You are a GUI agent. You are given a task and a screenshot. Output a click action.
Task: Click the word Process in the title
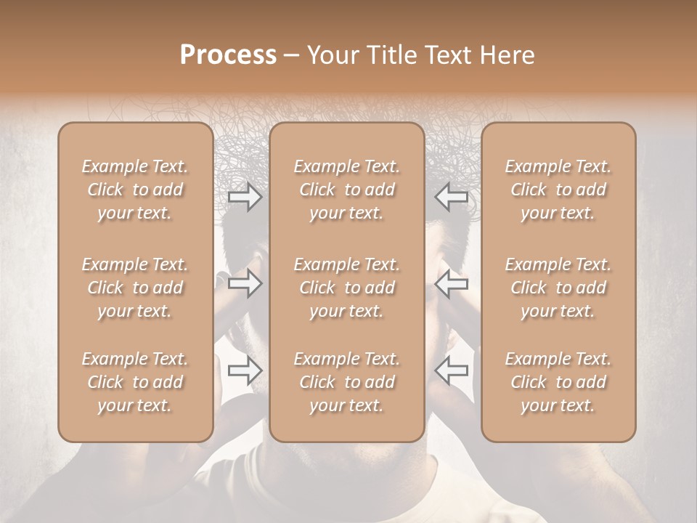coord(228,55)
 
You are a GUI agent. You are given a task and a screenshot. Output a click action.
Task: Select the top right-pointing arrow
coord(245,197)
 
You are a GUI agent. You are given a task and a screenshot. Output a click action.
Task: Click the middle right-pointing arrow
coord(245,283)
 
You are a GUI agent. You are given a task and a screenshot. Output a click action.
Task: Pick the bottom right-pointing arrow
coord(245,370)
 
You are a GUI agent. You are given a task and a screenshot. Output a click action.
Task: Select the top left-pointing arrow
coord(452,197)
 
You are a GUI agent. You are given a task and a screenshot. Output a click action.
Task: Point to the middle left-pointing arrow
coord(452,283)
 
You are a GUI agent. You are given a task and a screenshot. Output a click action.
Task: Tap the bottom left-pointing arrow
coord(452,370)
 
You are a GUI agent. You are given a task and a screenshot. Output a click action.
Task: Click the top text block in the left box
coord(135,190)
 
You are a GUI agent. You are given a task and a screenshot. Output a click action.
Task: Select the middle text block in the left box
coord(135,288)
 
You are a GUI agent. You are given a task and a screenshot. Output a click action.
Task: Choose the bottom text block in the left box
coord(135,382)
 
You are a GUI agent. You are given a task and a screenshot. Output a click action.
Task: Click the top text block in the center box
coord(347,190)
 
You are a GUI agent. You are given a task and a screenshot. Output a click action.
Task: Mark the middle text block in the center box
coord(347,288)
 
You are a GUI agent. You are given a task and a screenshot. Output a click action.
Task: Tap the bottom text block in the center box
coord(347,382)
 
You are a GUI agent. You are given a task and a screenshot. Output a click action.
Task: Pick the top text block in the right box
coord(558,190)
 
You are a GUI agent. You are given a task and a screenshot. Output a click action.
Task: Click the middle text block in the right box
coord(558,288)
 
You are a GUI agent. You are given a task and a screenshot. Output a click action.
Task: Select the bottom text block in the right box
coord(558,382)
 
